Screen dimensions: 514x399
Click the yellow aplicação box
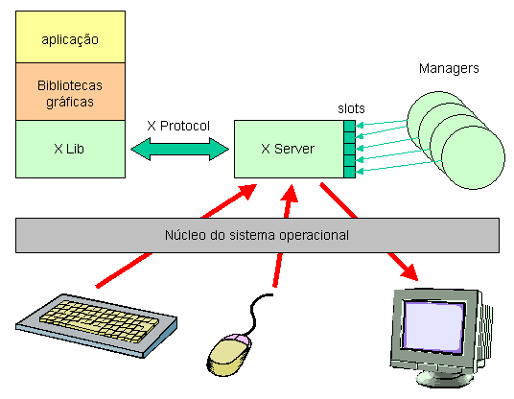pyautogui.click(x=70, y=36)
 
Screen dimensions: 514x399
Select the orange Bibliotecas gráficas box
pyautogui.click(x=70, y=91)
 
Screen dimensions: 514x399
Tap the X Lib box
pyautogui.click(x=70, y=150)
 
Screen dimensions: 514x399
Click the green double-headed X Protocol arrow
pyautogui.click(x=179, y=150)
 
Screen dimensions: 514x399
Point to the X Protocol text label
pyautogui.click(x=178, y=126)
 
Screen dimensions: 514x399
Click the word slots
pyautogui.click(x=351, y=108)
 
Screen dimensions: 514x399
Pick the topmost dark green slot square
pyautogui.click(x=349, y=127)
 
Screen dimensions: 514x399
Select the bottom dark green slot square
pyautogui.click(x=349, y=172)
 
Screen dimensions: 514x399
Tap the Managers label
pyautogui.click(x=449, y=68)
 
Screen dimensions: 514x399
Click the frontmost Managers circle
pyautogui.click(x=473, y=157)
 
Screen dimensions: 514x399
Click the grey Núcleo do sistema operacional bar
pyautogui.click(x=257, y=235)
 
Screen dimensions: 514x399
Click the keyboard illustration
pyautogui.click(x=96, y=324)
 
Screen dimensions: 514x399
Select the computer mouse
pyautogui.click(x=229, y=355)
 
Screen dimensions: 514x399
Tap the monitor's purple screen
pyautogui.click(x=433, y=325)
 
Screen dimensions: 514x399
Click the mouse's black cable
pyautogui.click(x=257, y=314)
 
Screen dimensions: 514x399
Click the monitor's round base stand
pyautogui.click(x=445, y=378)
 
